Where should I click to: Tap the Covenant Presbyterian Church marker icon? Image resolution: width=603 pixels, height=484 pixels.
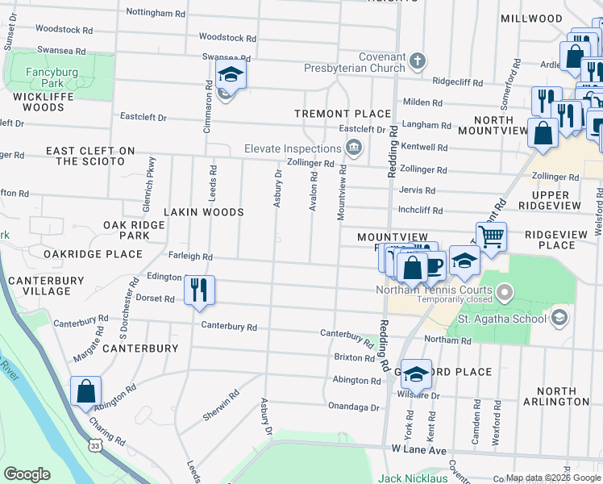[417, 60]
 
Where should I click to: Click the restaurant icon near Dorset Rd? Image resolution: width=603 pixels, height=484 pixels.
[199, 289]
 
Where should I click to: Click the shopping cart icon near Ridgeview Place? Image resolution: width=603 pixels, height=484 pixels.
[491, 236]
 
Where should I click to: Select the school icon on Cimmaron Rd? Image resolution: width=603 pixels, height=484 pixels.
[230, 75]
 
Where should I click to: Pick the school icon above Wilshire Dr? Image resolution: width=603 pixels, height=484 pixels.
[416, 373]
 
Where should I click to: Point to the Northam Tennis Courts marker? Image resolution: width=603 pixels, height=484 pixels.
[505, 290]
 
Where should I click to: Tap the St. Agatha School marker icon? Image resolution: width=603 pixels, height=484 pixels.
[558, 317]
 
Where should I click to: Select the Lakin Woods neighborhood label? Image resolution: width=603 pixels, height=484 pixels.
[204, 212]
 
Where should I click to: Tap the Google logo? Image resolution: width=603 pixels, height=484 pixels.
[27, 474]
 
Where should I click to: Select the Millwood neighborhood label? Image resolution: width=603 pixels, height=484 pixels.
[531, 19]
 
